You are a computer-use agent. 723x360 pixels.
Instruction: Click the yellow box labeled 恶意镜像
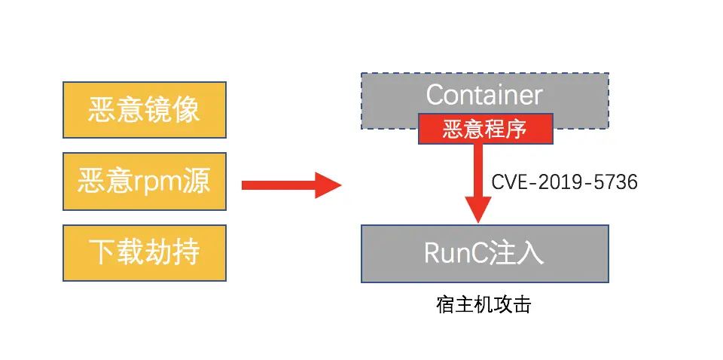(x=145, y=110)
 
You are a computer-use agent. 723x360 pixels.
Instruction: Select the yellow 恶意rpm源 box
(x=145, y=182)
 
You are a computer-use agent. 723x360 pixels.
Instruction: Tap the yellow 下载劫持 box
(x=145, y=252)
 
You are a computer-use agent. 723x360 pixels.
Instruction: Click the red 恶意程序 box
(x=485, y=129)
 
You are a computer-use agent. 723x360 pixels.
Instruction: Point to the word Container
(x=484, y=96)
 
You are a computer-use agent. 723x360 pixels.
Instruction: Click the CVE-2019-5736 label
(x=564, y=182)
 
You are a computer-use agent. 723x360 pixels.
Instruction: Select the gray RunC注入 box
(x=484, y=254)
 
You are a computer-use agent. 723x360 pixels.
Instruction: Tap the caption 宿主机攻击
(x=484, y=305)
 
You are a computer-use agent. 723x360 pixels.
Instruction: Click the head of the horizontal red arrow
(x=328, y=185)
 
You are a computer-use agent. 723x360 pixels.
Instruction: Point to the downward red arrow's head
(x=478, y=210)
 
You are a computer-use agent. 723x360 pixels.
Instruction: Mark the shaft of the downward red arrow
(x=478, y=170)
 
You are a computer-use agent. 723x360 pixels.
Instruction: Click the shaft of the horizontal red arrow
(x=279, y=185)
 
